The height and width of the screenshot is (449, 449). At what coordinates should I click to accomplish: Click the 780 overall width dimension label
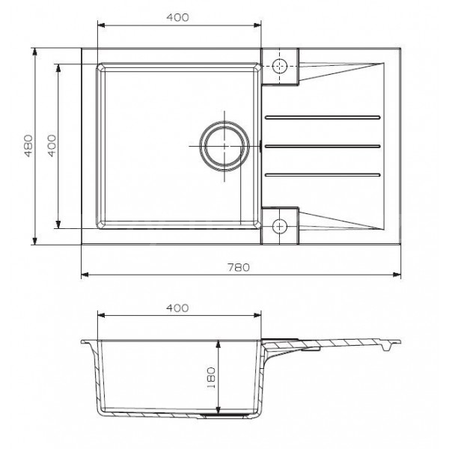pos(239,267)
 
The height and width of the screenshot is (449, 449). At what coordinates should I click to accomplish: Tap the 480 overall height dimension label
pos(28,146)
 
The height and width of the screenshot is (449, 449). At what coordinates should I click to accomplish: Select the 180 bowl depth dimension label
pos(211,378)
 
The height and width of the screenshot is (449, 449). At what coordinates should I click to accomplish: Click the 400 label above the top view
pos(177,17)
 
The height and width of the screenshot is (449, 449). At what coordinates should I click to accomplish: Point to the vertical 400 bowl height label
pos(52,146)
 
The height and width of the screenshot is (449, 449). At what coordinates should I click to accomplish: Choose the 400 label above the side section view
pos(177,308)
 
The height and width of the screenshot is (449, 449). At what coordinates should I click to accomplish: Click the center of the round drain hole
pos(224,146)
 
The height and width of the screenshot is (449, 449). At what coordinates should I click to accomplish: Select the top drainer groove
pos(323,117)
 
